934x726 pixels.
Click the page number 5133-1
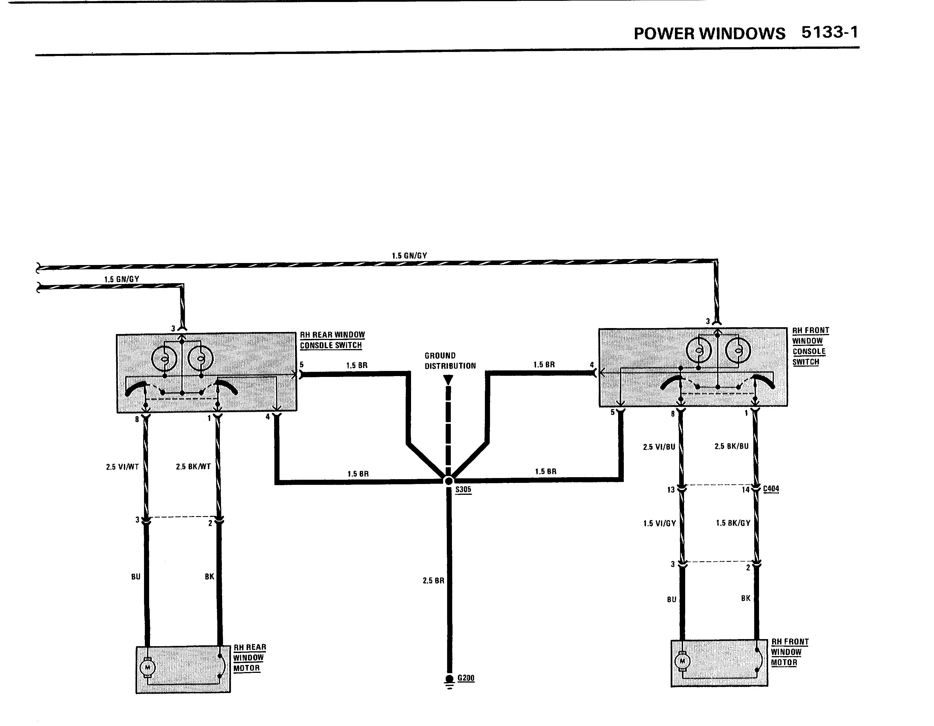(830, 32)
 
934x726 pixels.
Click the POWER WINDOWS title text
(710, 33)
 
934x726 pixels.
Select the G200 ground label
(466, 678)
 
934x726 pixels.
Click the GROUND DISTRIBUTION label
(450, 361)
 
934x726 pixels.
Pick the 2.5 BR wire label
(433, 581)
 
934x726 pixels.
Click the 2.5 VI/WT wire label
(122, 467)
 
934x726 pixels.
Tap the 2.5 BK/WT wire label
(193, 466)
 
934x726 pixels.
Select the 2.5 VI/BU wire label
(659, 447)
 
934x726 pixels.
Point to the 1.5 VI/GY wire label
(659, 523)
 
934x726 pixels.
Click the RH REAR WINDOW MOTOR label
(250, 658)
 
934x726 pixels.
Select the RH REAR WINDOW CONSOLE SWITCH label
(332, 340)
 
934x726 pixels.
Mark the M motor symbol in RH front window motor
(683, 661)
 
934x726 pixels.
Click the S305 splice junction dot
(449, 481)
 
